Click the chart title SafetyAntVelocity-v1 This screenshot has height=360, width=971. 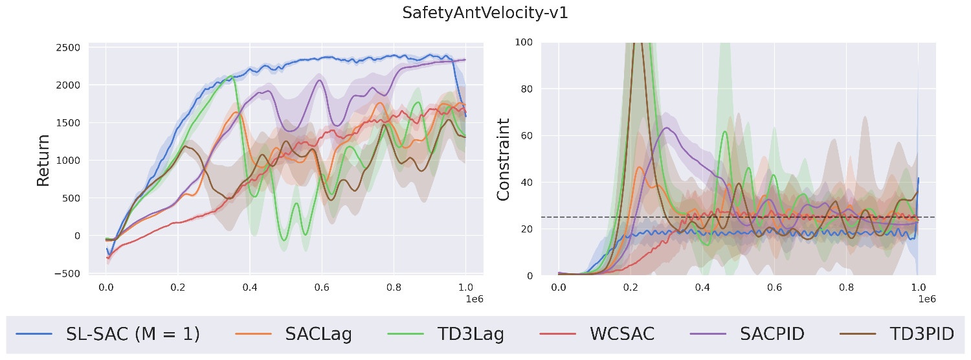click(485, 13)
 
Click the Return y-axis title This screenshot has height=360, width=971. click(43, 160)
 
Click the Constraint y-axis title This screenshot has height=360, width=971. click(504, 159)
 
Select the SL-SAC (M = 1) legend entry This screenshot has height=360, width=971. click(133, 334)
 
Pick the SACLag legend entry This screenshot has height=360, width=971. click(318, 334)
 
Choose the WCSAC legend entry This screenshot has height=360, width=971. click(622, 334)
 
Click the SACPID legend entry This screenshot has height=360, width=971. click(772, 334)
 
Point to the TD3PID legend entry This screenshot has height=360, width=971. click(922, 334)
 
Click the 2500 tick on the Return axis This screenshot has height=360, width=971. click(69, 47)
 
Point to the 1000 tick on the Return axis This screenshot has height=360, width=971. click(69, 160)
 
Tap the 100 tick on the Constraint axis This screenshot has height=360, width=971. click(524, 42)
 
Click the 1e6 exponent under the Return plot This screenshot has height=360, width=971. click(474, 299)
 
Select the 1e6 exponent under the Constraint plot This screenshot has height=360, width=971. click(927, 299)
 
